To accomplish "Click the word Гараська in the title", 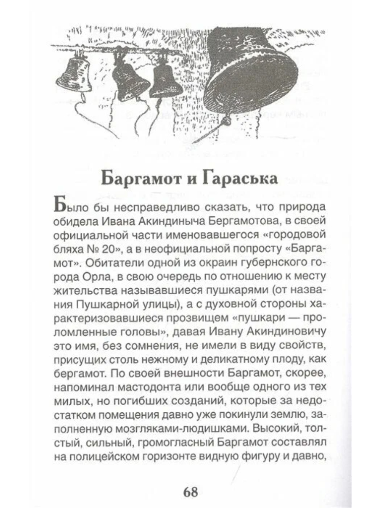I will point(239,179).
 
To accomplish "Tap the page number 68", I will point(190,492).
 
